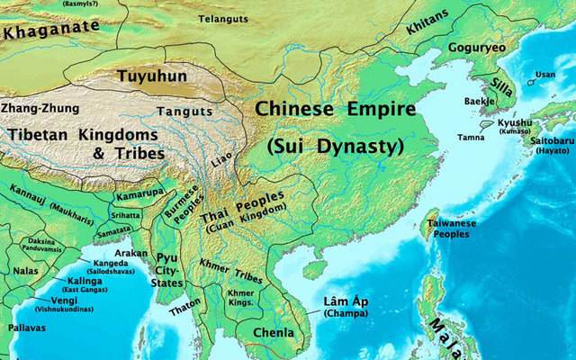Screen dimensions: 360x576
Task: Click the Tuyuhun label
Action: (155, 76)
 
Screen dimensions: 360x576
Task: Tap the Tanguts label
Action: (184, 112)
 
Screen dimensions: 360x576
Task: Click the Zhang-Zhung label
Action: (39, 106)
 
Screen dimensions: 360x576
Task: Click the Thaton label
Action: (186, 311)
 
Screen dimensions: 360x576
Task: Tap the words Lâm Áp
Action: (344, 302)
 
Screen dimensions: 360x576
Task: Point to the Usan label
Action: (544, 75)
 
